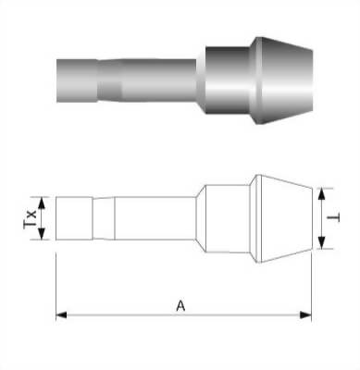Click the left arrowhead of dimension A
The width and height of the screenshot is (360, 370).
[x=61, y=315]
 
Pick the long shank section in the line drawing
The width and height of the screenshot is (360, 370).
[x=153, y=218]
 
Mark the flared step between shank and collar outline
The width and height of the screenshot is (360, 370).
[x=198, y=218]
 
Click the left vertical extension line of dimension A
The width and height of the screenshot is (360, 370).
[x=56, y=277]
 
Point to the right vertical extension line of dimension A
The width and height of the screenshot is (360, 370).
[x=311, y=277]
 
